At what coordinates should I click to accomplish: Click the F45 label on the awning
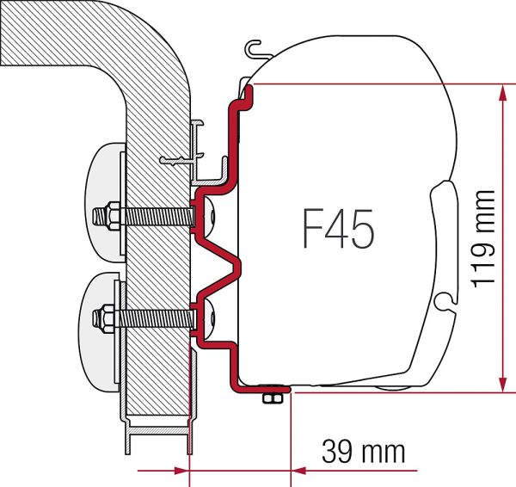pyautogui.click(x=339, y=229)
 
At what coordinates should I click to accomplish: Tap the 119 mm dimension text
pyautogui.click(x=483, y=238)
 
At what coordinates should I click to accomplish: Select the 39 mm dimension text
pyautogui.click(x=363, y=452)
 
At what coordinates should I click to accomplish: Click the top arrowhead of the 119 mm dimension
pyautogui.click(x=502, y=93)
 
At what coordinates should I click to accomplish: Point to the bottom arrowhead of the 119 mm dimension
pyautogui.click(x=502, y=384)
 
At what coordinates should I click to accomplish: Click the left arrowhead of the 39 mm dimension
pyautogui.click(x=181, y=471)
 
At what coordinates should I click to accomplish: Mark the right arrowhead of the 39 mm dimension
pyautogui.click(x=299, y=471)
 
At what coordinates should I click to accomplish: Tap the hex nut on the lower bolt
pyautogui.click(x=107, y=318)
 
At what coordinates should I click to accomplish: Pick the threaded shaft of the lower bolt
pyautogui.click(x=154, y=318)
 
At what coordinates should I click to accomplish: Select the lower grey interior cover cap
pyautogui.click(x=101, y=331)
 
